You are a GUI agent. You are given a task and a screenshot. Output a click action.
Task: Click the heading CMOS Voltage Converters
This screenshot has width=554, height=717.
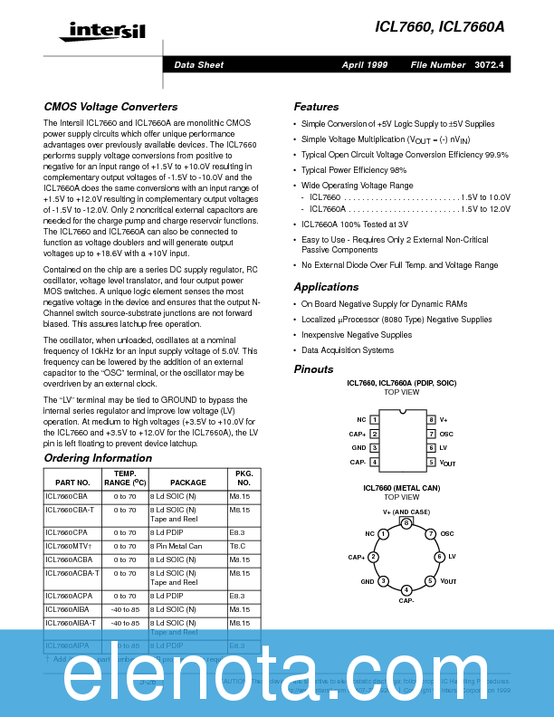pyautogui.click(x=110, y=107)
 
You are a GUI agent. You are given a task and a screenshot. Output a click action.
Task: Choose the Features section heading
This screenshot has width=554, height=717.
pyautogui.click(x=316, y=107)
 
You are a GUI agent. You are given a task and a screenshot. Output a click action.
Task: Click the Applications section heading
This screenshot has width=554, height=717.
pyautogui.click(x=326, y=287)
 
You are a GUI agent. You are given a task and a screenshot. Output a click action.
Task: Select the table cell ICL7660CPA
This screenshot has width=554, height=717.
pyautogui.click(x=67, y=532)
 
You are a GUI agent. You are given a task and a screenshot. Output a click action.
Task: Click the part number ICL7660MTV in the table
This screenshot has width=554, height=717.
pyautogui.click(x=69, y=546)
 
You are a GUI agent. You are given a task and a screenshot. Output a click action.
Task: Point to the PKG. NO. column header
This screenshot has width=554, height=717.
pyautogui.click(x=243, y=478)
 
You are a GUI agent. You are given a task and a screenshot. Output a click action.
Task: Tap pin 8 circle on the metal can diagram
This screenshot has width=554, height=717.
pyautogui.click(x=406, y=523)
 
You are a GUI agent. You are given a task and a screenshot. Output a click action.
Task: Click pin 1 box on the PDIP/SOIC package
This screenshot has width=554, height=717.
pyautogui.click(x=374, y=420)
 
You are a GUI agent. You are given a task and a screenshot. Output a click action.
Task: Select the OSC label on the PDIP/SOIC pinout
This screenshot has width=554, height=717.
pyautogui.click(x=446, y=434)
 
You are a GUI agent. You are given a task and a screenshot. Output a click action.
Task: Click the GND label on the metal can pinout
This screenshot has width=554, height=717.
pyautogui.click(x=368, y=581)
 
